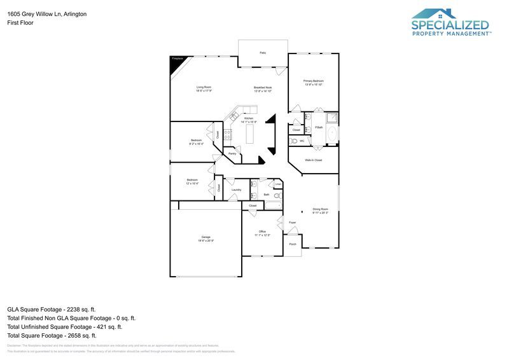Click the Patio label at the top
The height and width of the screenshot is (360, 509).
262,53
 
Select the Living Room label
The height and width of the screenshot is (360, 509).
204,87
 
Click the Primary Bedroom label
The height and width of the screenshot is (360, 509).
313,81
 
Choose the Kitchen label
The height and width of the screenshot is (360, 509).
249,118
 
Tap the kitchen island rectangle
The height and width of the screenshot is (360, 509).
249,134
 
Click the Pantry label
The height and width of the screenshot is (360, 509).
232,153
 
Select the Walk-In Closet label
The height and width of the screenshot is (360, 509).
313,160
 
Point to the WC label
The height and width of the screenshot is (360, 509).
302,141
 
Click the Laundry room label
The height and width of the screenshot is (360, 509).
236,190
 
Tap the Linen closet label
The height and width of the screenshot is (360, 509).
278,184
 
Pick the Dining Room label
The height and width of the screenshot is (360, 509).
320,210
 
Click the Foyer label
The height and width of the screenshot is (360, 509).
293,223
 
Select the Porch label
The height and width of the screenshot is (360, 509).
293,244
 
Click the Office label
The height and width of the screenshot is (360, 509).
262,232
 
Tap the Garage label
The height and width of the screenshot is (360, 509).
206,237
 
